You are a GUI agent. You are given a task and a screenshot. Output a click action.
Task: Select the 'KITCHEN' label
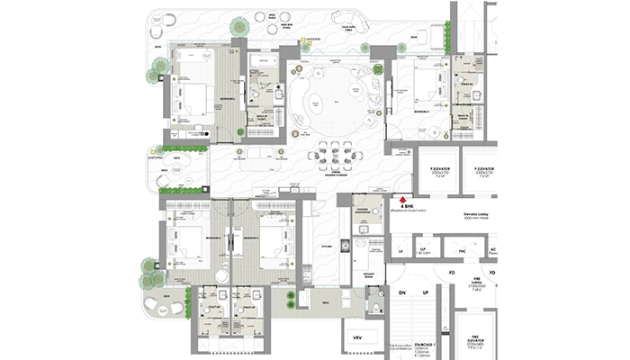326,245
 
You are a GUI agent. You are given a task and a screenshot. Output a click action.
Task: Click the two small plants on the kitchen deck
290,298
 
